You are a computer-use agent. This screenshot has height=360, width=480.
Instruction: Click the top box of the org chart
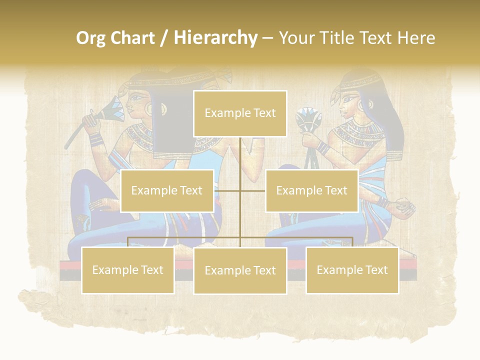(x=240, y=113)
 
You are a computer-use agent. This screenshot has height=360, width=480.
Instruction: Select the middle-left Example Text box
(x=167, y=190)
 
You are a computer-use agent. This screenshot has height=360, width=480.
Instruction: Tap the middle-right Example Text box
(x=311, y=190)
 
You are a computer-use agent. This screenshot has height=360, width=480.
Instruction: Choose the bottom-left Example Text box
(x=127, y=270)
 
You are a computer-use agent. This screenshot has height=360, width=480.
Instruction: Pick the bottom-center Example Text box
(x=240, y=270)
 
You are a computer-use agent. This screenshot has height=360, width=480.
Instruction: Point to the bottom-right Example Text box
(x=352, y=270)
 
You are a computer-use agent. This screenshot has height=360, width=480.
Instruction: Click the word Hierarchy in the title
(x=215, y=38)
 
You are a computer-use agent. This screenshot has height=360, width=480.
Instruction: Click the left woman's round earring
(x=148, y=107)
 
